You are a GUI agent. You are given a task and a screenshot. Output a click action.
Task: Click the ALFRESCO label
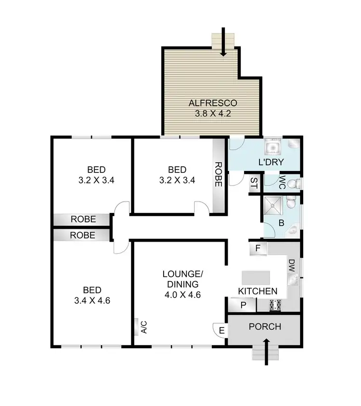pos(213,103)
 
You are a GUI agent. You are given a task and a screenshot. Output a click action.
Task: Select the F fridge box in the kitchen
pos(258,249)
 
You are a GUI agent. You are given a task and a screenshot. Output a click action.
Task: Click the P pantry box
pos(243,305)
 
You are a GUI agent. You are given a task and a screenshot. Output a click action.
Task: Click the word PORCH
pos(264,327)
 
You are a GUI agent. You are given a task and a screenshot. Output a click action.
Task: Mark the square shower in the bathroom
pos(273,205)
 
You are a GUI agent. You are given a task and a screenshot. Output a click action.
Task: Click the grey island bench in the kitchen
pos(256,278)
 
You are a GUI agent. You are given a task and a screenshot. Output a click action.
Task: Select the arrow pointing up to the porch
pos(266,351)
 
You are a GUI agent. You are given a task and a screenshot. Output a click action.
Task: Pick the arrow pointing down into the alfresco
pos(223,42)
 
